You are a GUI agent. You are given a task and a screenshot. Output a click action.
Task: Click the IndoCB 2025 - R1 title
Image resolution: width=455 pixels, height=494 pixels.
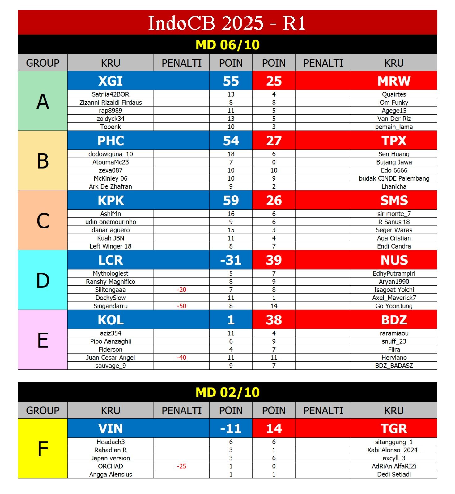[227, 23]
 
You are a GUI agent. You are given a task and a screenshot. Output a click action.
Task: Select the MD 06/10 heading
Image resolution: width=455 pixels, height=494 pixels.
[228, 45]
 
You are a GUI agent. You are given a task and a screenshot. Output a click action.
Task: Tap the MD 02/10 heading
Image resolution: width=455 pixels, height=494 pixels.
[228, 392]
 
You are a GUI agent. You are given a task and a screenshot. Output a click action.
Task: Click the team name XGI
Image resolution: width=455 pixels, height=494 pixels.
[110, 81]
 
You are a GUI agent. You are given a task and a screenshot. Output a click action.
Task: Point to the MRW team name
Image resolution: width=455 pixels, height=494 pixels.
[394, 81]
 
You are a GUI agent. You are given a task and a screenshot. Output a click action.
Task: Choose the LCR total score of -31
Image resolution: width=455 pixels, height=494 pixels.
[231, 260]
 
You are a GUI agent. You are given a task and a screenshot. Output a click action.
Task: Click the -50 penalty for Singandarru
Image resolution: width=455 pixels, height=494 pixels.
[181, 306]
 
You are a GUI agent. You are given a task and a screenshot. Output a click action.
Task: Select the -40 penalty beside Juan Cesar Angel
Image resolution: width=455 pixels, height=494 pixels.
[181, 358]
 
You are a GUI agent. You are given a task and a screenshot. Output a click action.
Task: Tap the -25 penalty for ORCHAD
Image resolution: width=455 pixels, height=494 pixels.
[181, 466]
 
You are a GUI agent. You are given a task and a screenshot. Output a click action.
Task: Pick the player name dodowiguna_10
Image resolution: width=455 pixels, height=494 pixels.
[110, 154]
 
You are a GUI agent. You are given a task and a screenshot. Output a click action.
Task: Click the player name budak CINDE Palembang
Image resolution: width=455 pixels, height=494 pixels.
[394, 178]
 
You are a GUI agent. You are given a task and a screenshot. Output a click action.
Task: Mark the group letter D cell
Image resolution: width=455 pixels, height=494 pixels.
[43, 280]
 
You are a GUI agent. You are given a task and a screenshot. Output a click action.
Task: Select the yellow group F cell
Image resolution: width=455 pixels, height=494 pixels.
[43, 449]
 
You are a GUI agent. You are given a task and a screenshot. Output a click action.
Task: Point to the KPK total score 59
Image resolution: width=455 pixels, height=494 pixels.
[231, 200]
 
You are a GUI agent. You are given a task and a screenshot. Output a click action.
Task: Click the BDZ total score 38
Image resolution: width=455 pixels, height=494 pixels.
[274, 320]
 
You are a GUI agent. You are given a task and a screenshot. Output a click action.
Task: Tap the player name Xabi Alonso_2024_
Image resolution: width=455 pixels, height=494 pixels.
[394, 450]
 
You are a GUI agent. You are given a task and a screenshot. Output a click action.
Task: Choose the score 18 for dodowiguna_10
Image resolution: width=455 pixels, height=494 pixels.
[231, 154]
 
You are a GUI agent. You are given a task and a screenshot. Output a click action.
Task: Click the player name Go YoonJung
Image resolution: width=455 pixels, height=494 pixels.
[394, 306]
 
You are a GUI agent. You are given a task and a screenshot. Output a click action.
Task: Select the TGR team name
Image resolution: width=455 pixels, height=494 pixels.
[394, 429]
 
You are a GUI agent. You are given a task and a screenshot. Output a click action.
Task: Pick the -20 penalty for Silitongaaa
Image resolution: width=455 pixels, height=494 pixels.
[181, 290]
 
